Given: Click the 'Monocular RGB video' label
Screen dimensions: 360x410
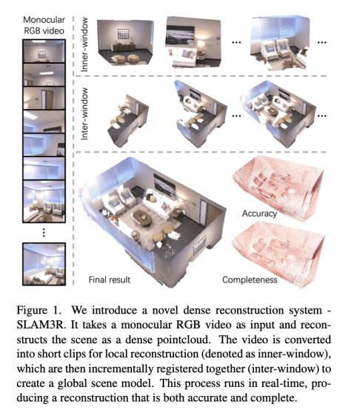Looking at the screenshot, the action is tap(44, 25).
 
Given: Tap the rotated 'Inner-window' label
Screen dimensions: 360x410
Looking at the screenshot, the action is tap(84, 44).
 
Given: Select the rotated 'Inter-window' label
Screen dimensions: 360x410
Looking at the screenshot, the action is tap(84, 113).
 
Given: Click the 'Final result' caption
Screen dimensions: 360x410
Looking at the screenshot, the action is tap(109, 280).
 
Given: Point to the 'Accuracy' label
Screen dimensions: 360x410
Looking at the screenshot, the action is tap(259, 214).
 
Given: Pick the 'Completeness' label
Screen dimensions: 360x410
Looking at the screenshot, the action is tap(250, 280).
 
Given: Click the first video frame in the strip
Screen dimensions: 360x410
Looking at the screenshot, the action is tap(44, 51).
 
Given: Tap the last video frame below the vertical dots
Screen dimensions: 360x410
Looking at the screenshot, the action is tap(44, 264).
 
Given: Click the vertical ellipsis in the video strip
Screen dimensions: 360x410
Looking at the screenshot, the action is tap(44, 233).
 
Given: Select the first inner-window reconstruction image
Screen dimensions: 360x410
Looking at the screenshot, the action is tap(125, 42).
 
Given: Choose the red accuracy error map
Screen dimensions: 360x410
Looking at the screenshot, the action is tap(279, 188).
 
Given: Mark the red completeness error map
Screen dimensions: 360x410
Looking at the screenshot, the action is tap(279, 254).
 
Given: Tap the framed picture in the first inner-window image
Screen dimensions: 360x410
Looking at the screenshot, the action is tap(122, 33).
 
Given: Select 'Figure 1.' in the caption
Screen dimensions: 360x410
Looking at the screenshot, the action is tap(39, 310).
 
